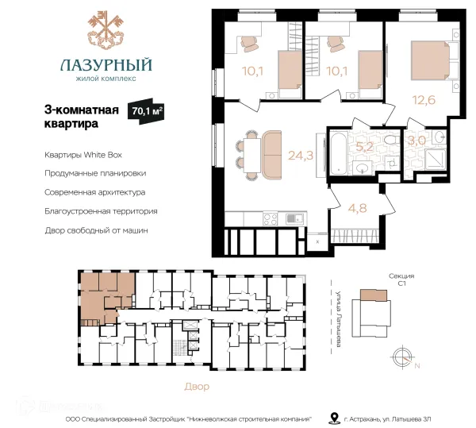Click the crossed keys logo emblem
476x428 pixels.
pos(106,29)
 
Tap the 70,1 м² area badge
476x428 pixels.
pos(146,111)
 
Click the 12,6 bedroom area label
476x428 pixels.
pos(424,99)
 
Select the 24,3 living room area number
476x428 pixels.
pos(300,156)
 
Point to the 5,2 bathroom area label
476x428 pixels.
pos(364,147)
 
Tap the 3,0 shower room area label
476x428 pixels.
pos(416,141)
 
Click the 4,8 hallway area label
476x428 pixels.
pos(358,208)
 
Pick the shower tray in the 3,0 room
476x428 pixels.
pos(436,160)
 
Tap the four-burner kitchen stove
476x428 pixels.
pos(271,218)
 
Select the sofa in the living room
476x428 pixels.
pos(271,155)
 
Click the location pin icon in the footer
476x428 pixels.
pos(334,418)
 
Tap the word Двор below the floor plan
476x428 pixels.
pos(197,387)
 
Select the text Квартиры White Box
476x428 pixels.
pos(83,155)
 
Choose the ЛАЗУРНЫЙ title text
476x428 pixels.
pos(106,64)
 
